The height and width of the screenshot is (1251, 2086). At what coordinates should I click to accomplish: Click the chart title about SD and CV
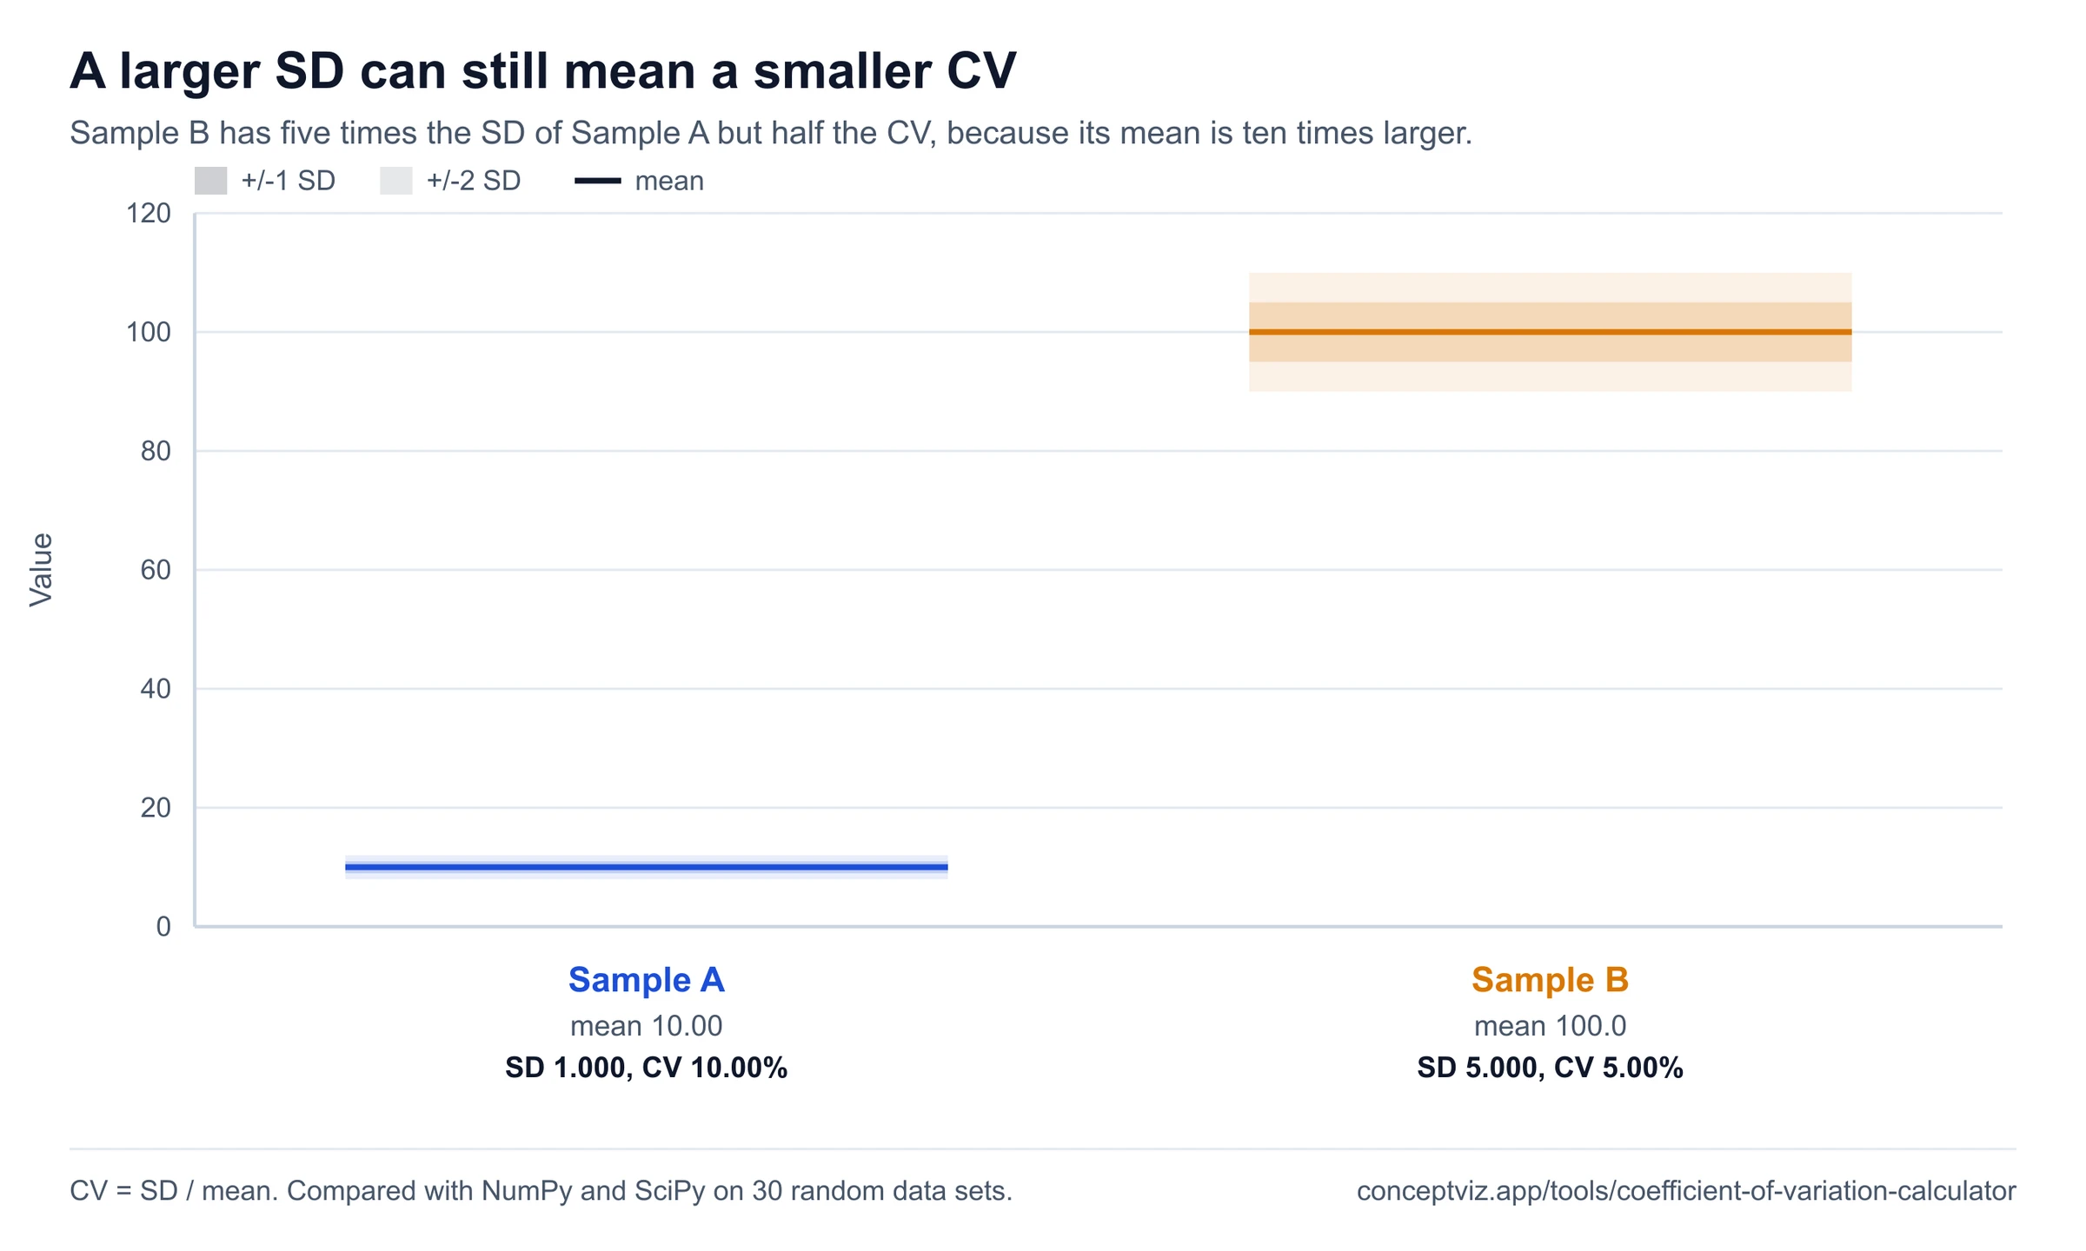[542, 71]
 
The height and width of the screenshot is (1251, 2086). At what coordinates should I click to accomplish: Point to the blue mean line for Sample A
[646, 867]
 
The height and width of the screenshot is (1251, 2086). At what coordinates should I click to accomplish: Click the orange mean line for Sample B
[1550, 332]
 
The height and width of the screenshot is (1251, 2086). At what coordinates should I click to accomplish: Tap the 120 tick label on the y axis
[149, 213]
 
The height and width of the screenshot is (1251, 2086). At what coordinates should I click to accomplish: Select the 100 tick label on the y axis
[149, 332]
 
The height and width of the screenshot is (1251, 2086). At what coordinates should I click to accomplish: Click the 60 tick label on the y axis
[156, 570]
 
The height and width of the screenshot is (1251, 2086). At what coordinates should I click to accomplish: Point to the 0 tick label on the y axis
[163, 927]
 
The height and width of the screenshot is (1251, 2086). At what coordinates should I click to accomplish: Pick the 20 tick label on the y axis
[156, 808]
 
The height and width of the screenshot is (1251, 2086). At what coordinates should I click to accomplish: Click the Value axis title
[41, 570]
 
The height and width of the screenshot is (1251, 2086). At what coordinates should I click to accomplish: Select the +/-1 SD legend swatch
[210, 181]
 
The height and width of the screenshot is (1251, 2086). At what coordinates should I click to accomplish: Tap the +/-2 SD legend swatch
[395, 181]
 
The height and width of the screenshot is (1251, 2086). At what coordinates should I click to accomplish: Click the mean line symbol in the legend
[598, 181]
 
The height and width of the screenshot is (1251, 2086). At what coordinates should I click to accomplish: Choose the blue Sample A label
[646, 980]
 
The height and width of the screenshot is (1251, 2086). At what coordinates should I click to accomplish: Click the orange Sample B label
[1550, 980]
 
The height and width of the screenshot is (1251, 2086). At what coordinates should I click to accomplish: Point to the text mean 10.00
[646, 1026]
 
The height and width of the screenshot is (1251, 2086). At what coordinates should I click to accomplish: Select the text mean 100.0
[1550, 1026]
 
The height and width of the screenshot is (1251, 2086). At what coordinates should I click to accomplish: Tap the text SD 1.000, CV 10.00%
[646, 1068]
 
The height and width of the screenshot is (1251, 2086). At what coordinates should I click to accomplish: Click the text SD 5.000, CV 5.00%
[1550, 1068]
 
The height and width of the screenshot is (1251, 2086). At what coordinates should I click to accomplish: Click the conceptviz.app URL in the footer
[1686, 1191]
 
